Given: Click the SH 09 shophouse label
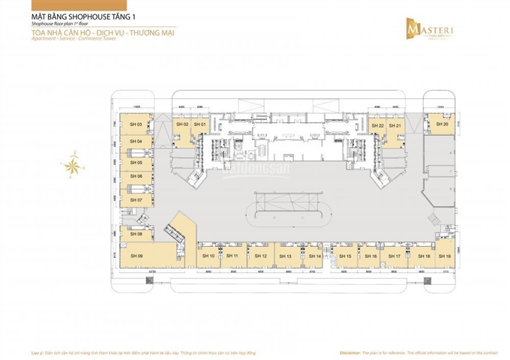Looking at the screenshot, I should (135, 256).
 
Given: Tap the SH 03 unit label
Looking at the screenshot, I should (136, 124).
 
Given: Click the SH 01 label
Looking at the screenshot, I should (200, 124).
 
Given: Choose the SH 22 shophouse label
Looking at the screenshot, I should (376, 125).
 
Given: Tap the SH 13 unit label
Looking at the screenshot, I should (284, 256).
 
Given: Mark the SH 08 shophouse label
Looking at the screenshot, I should (136, 234).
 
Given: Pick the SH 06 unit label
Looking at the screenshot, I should (136, 176).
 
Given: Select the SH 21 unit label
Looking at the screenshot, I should (396, 125).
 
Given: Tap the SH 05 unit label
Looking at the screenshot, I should (136, 162).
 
